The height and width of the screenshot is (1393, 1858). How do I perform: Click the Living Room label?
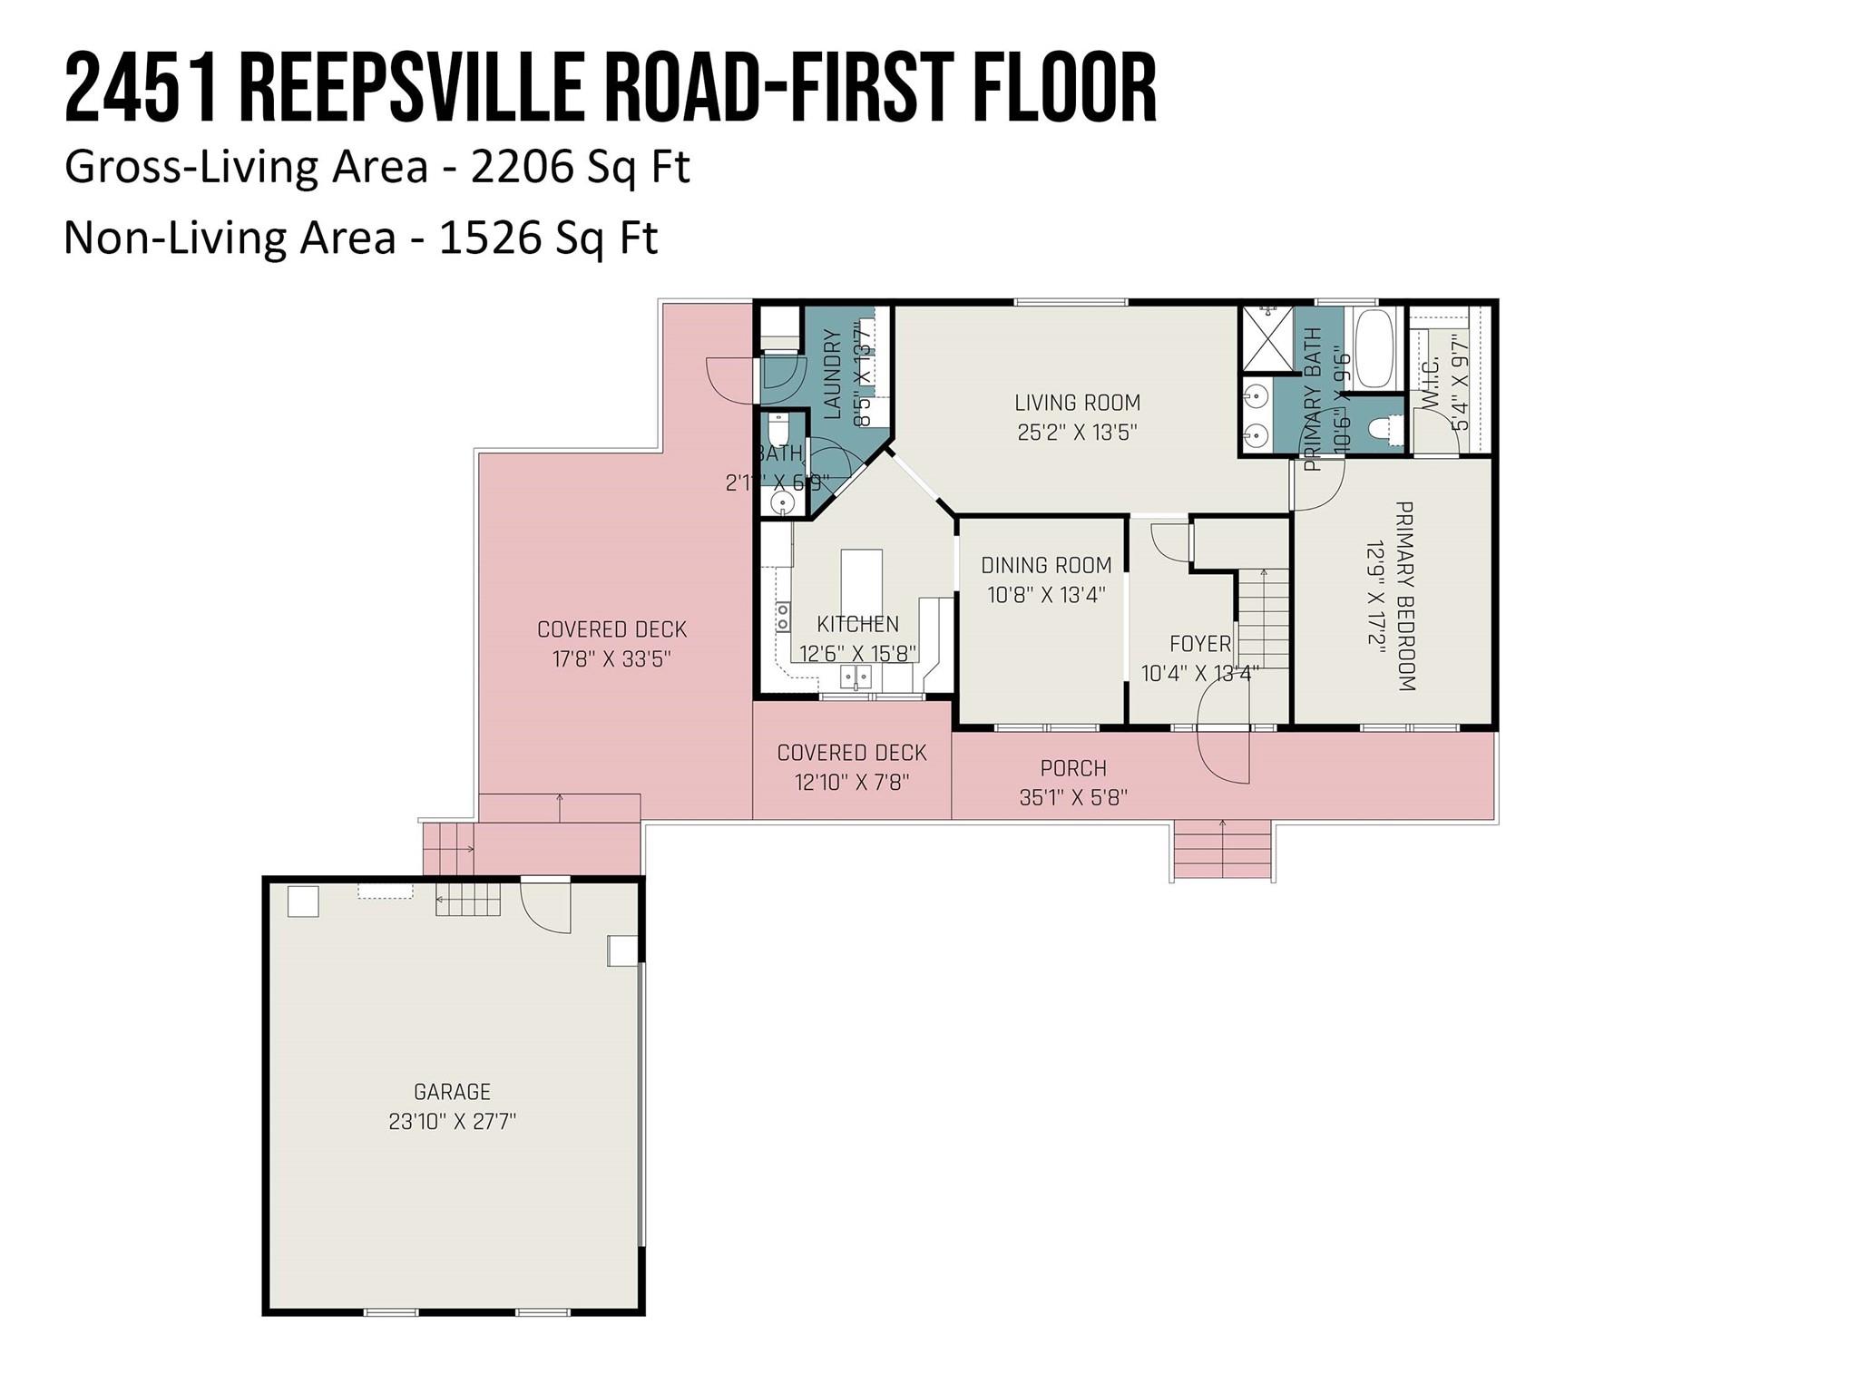[1077, 403]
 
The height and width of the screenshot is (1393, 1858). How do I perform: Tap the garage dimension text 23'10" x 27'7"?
[452, 1122]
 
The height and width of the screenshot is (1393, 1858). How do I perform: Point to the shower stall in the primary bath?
[1266, 339]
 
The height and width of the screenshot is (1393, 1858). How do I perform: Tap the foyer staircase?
[1261, 617]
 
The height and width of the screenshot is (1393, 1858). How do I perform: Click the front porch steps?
[1222, 850]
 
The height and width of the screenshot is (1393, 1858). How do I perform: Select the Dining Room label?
[1046, 565]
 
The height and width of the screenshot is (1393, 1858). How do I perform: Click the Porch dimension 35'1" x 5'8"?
[1073, 797]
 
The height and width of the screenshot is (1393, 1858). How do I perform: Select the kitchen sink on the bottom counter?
[855, 676]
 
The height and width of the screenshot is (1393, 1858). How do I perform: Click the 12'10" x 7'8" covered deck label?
[852, 781]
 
